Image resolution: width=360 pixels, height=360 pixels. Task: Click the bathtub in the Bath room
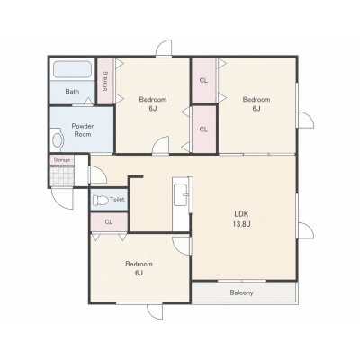point(72,69)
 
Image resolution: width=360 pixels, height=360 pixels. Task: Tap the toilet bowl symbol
point(100,200)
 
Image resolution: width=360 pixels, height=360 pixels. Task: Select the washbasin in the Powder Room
point(58,139)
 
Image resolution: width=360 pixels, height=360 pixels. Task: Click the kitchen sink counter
point(181,191)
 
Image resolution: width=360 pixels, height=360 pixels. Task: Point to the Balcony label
point(242,292)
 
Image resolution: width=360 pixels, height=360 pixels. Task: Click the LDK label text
point(242,214)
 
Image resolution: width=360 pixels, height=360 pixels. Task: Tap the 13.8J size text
point(242,224)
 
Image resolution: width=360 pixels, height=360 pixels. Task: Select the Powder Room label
point(83,130)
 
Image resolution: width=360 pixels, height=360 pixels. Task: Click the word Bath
point(72,92)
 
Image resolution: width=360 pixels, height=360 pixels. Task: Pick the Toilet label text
point(117,200)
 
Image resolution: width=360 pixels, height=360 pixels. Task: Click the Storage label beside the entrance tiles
point(62,160)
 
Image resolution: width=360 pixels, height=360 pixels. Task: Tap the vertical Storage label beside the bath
point(105,81)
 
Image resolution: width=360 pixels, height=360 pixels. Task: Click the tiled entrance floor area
point(62,175)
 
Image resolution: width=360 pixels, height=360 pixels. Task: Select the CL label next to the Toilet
point(109,222)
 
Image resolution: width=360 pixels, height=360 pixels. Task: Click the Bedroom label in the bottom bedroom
point(139,265)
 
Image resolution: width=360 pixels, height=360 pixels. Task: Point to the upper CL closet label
point(203,81)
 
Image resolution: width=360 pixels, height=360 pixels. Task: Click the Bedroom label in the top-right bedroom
point(256,99)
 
